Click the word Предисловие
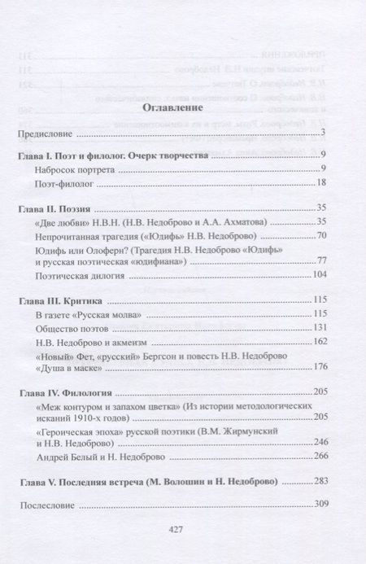point(46,133)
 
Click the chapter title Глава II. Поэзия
point(57,208)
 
